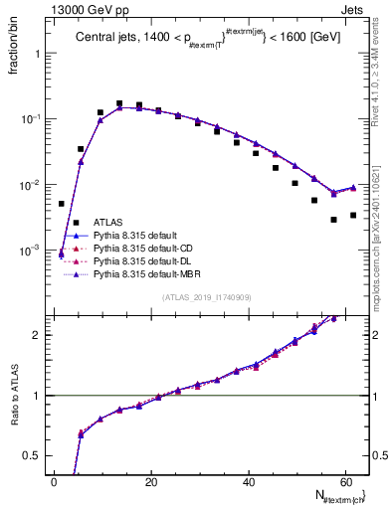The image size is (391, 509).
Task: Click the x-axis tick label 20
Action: [151, 482]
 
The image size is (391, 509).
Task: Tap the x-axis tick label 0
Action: [54, 482]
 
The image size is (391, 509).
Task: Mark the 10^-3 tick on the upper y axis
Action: [32, 251]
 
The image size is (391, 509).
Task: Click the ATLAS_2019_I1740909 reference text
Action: [205, 297]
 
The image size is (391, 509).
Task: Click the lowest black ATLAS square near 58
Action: [334, 220]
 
